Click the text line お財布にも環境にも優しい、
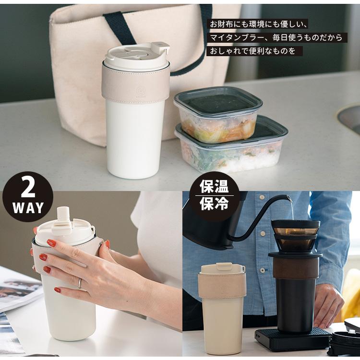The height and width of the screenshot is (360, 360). pyautogui.click(x=258, y=24)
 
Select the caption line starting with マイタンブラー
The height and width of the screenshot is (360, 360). pyautogui.click(x=276, y=37)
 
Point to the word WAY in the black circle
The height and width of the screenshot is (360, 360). pyautogui.click(x=28, y=208)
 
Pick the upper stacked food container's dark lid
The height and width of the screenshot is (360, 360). pyautogui.click(x=218, y=100)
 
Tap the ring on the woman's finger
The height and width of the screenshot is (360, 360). pyautogui.click(x=80, y=284)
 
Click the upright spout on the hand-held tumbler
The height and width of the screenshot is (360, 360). pyautogui.click(x=62, y=214)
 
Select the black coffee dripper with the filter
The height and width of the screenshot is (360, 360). pyautogui.click(x=295, y=235)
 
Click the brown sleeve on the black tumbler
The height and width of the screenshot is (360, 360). pyautogui.click(x=295, y=267)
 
